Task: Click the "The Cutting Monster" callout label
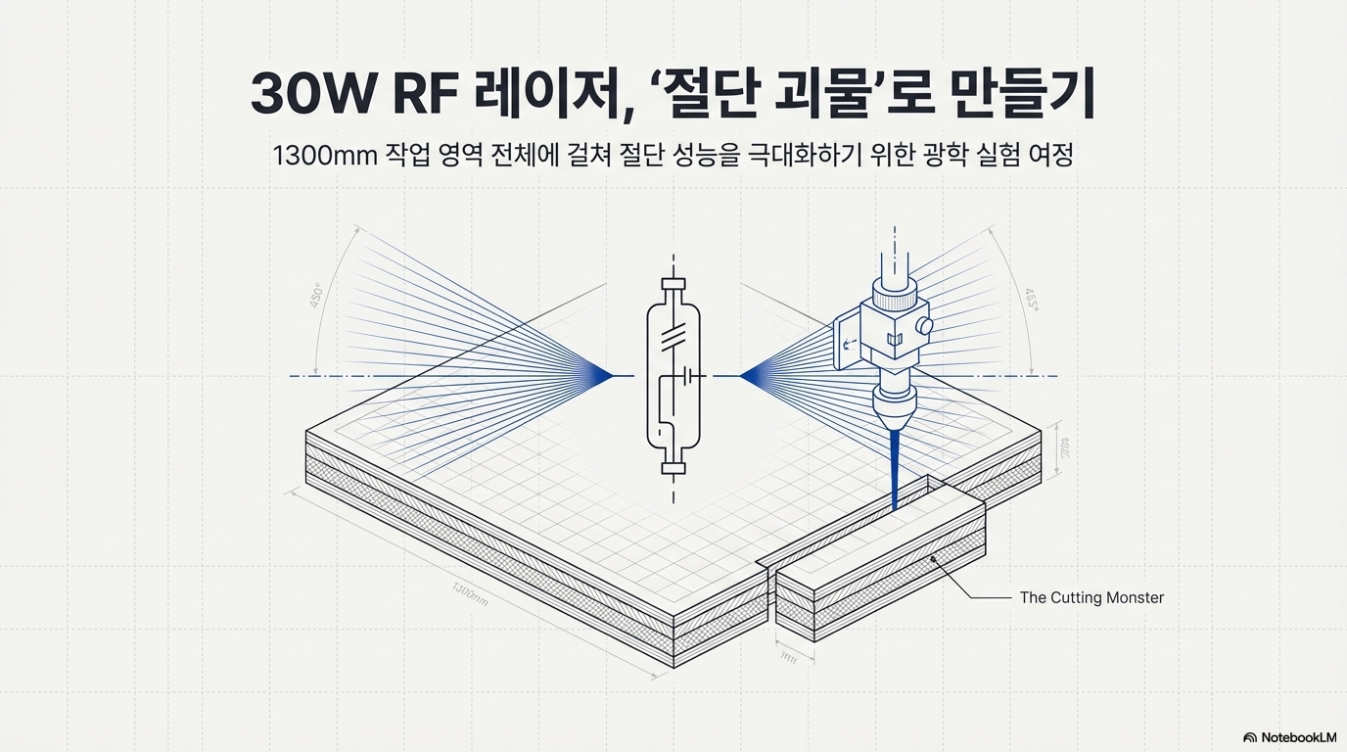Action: pos(1092,597)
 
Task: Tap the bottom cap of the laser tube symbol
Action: pos(673,467)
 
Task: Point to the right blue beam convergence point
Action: pos(743,375)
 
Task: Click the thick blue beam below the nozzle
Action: pos(895,470)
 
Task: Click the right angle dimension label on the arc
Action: pos(1032,298)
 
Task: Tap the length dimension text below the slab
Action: pos(471,593)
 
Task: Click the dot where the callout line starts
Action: pos(934,559)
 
